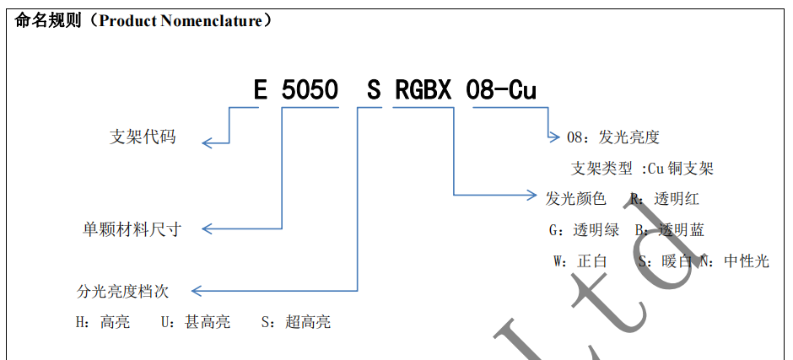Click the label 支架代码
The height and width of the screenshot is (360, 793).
(143, 137)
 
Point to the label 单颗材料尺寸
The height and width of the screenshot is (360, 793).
(131, 228)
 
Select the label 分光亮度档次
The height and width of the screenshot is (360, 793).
(122, 292)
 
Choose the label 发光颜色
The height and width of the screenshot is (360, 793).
(576, 199)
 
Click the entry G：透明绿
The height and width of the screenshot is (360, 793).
(584, 230)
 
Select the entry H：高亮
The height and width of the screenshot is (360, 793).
(103, 322)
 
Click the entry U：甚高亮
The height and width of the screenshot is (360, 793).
(195, 322)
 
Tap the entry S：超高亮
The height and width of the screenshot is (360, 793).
(295, 322)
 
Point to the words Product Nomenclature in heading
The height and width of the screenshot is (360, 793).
(181, 21)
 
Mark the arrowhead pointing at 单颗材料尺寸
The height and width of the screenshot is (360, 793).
(206, 228)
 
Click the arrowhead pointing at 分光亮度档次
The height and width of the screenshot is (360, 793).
(197, 292)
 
